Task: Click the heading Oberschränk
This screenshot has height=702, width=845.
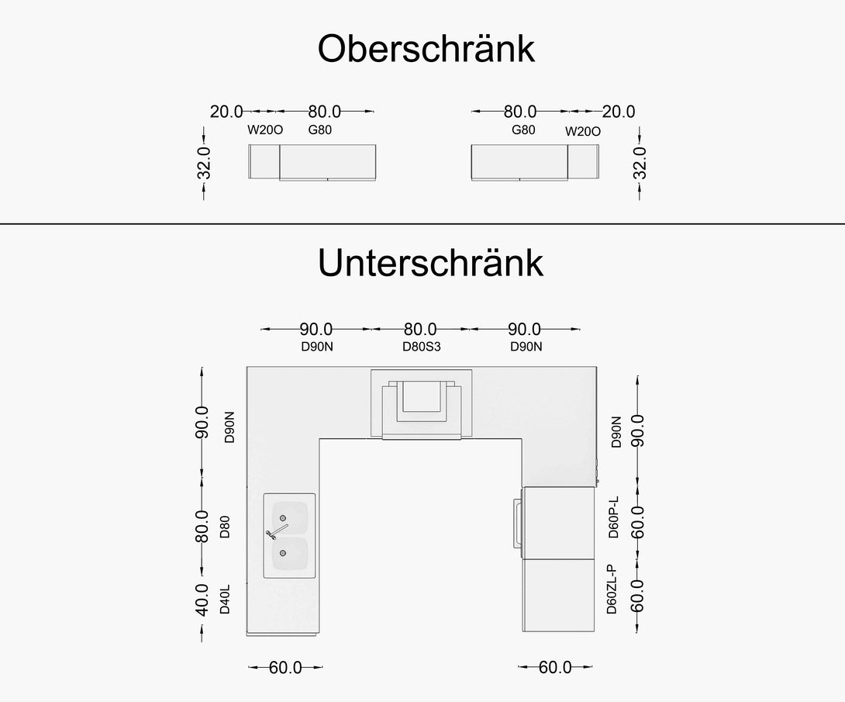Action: (426, 50)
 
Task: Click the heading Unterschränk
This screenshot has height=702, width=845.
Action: (430, 264)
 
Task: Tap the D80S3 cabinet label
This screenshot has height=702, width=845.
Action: (421, 347)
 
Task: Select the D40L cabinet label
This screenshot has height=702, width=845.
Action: (225, 601)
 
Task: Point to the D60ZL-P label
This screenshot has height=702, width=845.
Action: (612, 590)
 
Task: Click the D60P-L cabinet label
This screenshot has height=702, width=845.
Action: (613, 517)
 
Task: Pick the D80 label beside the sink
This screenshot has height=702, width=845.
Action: (225, 527)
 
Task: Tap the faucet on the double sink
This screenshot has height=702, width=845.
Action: (278, 531)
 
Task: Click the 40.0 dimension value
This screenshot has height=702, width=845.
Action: (202, 600)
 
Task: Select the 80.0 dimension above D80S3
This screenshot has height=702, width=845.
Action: (420, 330)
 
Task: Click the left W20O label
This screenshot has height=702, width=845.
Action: (265, 130)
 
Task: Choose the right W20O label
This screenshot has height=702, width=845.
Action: (583, 131)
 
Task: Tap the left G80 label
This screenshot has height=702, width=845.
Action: (319, 130)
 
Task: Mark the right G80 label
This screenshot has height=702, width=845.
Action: (523, 130)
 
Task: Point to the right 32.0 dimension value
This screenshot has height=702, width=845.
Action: (640, 163)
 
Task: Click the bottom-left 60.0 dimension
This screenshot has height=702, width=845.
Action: (285, 667)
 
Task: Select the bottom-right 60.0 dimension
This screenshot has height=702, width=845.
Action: (555, 667)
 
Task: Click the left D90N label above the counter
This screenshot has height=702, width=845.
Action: (317, 347)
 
